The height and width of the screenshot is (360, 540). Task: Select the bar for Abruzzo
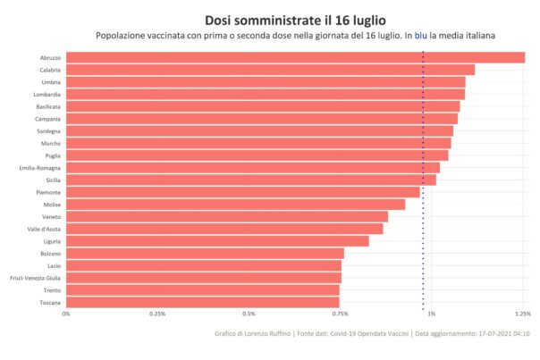pos(295,58)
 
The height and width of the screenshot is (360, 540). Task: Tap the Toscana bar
pos(202,303)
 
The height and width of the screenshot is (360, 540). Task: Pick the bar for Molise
pos(235,205)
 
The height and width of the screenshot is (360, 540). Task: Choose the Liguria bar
pos(217,241)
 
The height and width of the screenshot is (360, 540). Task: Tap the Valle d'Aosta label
pos(43,229)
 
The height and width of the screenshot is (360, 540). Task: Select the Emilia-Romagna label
pos(39,168)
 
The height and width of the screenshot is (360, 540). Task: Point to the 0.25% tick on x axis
pos(157,314)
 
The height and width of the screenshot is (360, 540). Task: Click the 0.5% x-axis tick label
pos(249,314)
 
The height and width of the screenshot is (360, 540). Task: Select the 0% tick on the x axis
pos(65,314)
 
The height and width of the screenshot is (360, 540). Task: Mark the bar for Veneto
pos(227,217)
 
